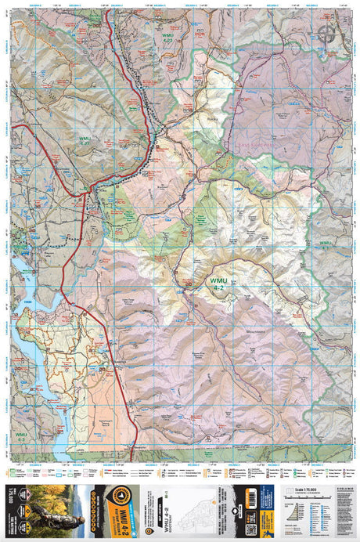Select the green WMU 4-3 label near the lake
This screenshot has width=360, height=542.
click(x=20, y=435)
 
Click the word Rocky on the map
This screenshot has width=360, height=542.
click(x=209, y=119)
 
